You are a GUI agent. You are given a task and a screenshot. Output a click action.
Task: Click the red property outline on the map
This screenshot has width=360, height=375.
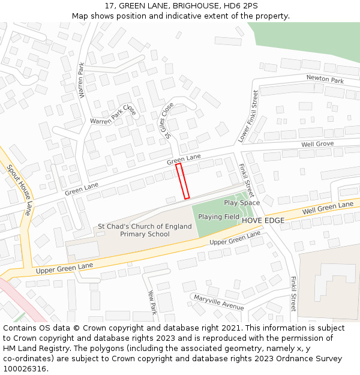pyautogui.click(x=182, y=181)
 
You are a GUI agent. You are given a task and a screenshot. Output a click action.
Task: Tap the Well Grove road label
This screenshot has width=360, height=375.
pyautogui.click(x=317, y=144)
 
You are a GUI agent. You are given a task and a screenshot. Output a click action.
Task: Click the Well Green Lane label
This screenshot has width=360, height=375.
pyautogui.click(x=328, y=208)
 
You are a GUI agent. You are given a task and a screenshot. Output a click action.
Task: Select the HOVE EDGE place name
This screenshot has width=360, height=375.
pyautogui.click(x=263, y=221)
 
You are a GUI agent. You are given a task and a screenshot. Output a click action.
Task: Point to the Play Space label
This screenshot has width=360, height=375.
pyautogui.click(x=242, y=203)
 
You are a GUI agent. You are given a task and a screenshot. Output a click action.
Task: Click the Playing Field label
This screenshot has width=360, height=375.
pyautogui.click(x=218, y=217)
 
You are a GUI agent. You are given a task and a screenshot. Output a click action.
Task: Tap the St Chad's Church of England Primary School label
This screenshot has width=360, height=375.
pyautogui.click(x=145, y=230)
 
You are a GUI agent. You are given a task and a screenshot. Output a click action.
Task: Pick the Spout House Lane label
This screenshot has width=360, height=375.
pyautogui.click(x=19, y=190)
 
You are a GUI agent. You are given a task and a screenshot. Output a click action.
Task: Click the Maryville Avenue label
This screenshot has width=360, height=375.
pyautogui.click(x=217, y=302)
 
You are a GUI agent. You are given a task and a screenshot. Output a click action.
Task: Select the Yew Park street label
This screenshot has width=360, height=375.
pyautogui.click(x=152, y=302)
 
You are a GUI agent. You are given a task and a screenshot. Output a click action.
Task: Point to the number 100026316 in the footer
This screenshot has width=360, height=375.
pyautogui.click(x=25, y=369)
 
